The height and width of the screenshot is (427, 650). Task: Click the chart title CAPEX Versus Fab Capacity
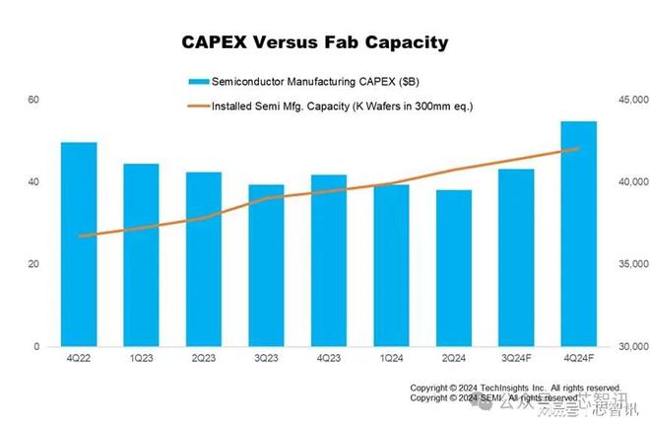pyautogui.click(x=315, y=42)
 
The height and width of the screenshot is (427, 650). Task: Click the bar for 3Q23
pyautogui.click(x=266, y=265)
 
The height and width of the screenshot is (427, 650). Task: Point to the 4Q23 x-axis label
pyautogui.click(x=328, y=358)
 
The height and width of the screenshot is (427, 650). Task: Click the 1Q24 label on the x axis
pyautogui.click(x=391, y=358)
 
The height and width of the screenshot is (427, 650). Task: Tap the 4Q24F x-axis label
pyautogui.click(x=578, y=358)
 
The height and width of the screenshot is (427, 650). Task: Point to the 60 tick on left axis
pyautogui.click(x=33, y=100)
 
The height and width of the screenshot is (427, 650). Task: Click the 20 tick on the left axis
pyautogui.click(x=33, y=264)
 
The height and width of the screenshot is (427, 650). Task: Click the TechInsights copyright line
pyautogui.click(x=515, y=388)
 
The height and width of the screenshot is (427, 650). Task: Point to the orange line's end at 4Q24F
pyautogui.click(x=578, y=149)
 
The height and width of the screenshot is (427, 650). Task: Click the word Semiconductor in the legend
pyautogui.click(x=246, y=80)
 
